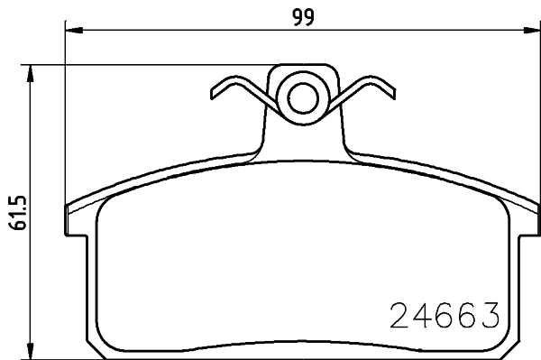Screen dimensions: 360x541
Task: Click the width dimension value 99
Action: coord(302,16)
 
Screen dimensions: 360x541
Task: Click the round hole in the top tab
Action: coord(302,94)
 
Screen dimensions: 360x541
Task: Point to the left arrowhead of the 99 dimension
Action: coord(73,32)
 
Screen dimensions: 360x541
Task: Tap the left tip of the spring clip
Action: coord(213,91)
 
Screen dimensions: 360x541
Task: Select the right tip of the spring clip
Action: coord(390,91)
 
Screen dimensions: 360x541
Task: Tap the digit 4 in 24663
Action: coord(422,315)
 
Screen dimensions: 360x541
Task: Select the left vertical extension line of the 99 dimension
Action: coord(66,117)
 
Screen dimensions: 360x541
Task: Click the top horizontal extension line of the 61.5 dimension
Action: coord(153,64)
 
